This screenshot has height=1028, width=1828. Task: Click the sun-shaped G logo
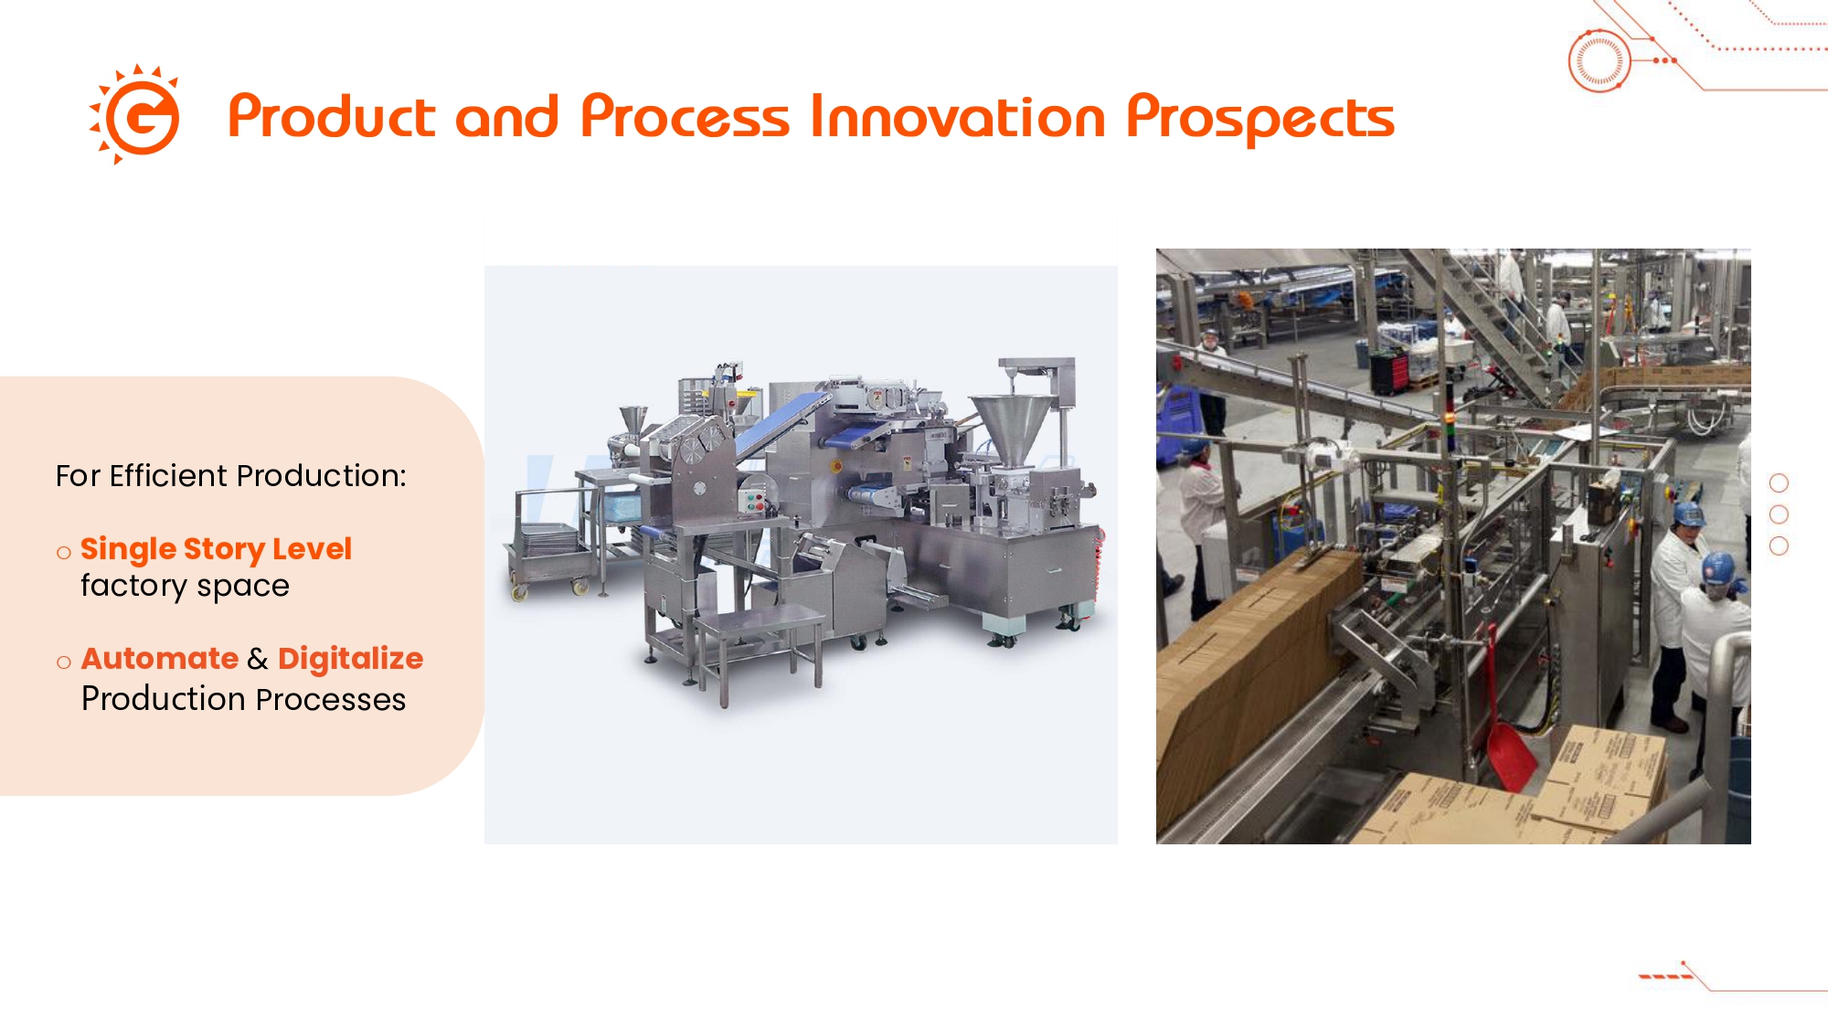point(135,115)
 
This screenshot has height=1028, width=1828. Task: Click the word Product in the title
point(332,117)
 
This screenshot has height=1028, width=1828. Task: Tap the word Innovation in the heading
point(958,117)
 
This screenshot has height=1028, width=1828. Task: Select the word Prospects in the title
point(1260,119)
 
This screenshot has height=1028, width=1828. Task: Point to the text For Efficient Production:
point(230,476)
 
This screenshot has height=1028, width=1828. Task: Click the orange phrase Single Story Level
point(216,549)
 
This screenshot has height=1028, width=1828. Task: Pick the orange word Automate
point(160,658)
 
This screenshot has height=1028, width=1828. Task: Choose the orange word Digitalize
point(350,659)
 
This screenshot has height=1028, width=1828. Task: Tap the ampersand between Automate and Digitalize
point(258,659)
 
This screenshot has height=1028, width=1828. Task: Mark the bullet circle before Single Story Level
point(63,553)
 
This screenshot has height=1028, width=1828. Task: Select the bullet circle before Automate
point(63,662)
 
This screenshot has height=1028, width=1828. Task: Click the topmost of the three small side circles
point(1779,482)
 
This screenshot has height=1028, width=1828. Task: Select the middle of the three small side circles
point(1779,514)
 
